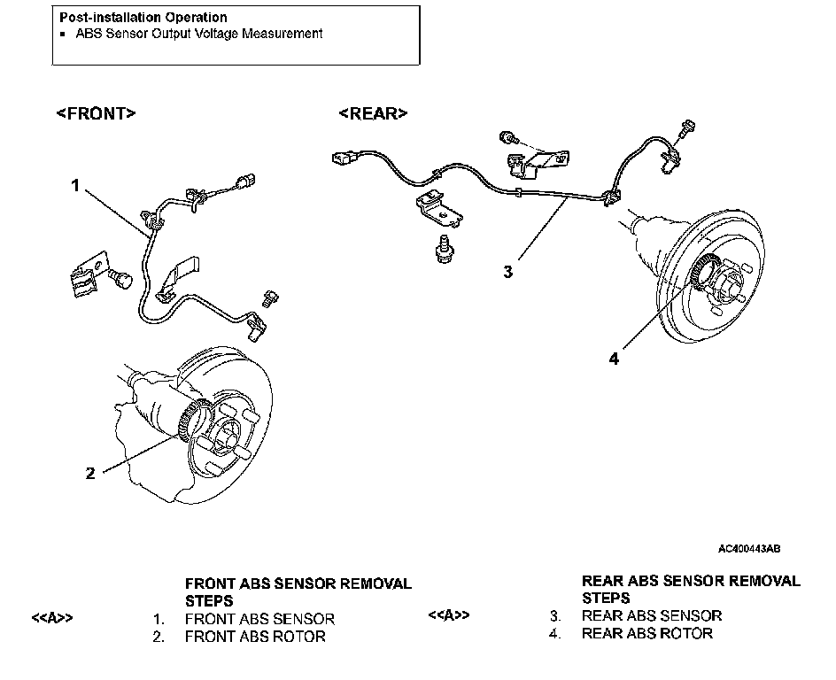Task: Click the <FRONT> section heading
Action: click(97, 113)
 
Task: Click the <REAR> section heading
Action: click(373, 113)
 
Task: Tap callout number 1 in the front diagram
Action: click(76, 185)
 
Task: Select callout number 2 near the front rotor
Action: click(89, 473)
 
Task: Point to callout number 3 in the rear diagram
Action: click(507, 272)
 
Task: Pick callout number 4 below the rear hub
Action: click(614, 359)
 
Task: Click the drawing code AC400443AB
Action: click(749, 549)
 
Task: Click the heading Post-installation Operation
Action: click(143, 17)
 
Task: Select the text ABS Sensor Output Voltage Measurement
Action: click(198, 34)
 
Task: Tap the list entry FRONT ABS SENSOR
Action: click(259, 619)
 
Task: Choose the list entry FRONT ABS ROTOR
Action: click(255, 637)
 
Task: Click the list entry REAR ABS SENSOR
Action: click(652, 615)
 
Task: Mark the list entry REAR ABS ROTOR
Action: click(647, 633)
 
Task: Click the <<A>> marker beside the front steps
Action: click(52, 618)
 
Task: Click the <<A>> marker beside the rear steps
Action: click(448, 614)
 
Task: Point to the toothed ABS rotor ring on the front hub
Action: click(192, 416)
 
